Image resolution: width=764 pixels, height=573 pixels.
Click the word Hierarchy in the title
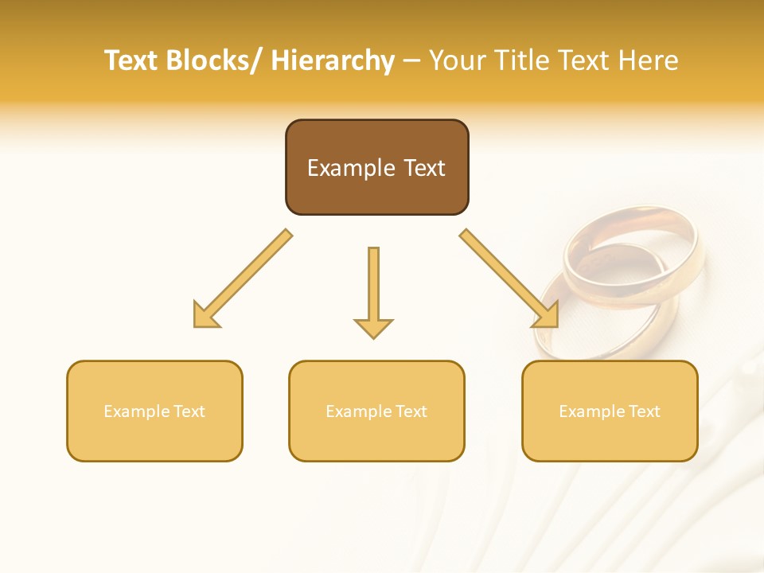333,60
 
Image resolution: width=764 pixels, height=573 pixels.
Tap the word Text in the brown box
423,168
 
